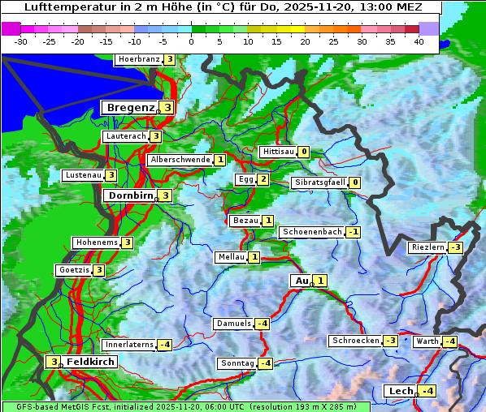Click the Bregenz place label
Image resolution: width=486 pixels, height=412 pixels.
pyautogui.click(x=130, y=107)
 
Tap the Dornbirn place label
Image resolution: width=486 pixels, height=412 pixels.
pyautogui.click(x=129, y=195)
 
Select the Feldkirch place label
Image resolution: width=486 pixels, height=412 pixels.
pyautogui.click(x=90, y=362)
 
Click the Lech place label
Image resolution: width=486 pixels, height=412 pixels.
pyautogui.click(x=401, y=391)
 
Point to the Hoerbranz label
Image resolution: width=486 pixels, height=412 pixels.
pyautogui.click(x=138, y=59)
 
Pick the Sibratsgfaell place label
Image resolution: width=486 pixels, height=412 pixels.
pyautogui.click(x=319, y=182)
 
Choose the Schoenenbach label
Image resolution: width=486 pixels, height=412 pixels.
pyautogui.click(x=311, y=232)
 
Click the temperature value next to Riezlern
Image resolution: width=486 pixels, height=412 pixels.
pyautogui.click(x=456, y=247)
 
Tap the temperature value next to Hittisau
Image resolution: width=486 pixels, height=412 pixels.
pyautogui.click(x=303, y=152)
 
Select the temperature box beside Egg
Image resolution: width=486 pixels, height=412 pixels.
pyautogui.click(x=263, y=179)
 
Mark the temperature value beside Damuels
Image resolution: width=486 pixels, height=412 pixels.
pyautogui.click(x=262, y=324)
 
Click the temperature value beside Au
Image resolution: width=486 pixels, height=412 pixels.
pyautogui.click(x=321, y=281)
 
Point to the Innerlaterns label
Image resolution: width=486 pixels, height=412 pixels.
pyautogui.click(x=129, y=345)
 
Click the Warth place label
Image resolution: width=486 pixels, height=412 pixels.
pyautogui.click(x=427, y=341)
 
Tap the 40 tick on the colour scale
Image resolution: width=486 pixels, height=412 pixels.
pyautogui.click(x=419, y=41)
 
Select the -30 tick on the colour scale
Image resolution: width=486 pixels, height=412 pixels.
pyautogui.click(x=21, y=41)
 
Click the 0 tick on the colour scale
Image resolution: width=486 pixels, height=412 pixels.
pyautogui.click(x=191, y=41)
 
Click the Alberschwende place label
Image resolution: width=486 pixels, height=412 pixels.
pyautogui.click(x=180, y=160)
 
